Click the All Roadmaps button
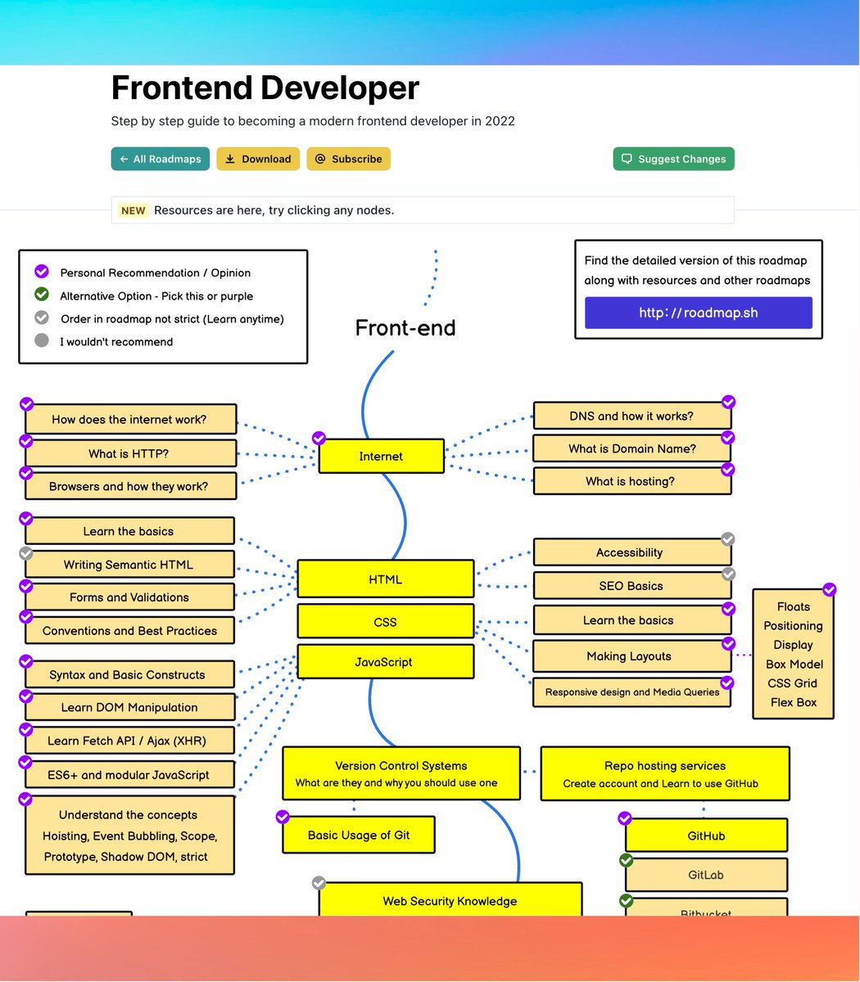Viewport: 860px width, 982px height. pos(161,159)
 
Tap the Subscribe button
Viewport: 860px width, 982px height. pos(348,159)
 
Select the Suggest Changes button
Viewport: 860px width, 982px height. pos(673,159)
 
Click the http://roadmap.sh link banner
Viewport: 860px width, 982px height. pos(698,313)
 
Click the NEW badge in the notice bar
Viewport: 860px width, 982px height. pos(133,210)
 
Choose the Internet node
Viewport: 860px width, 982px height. pos(381,456)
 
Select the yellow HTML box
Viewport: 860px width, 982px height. pos(385,579)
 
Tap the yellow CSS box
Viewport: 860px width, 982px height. pos(385,622)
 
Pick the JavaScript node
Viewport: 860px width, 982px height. pos(385,662)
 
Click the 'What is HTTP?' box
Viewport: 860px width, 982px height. pos(129,453)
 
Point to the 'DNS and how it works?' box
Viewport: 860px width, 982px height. pos(631,416)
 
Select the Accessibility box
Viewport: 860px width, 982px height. pos(630,552)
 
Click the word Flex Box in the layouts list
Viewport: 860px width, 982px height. pos(794,702)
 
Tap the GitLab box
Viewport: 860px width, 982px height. pos(706,875)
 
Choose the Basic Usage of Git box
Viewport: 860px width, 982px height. pos(359,836)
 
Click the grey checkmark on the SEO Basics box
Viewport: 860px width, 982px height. pos(728,574)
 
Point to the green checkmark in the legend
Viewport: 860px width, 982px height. pos(42,295)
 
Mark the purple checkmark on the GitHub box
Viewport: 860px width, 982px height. pos(625,818)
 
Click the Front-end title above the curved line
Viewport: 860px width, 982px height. pos(405,328)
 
